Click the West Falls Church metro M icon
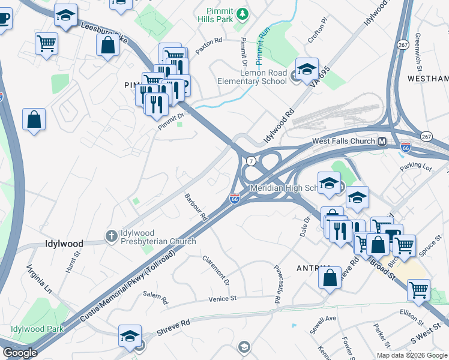click(x=381, y=142)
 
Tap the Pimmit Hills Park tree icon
click(x=242, y=13)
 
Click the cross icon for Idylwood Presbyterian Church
click(x=111, y=236)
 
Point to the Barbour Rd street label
click(x=196, y=207)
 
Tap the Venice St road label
click(x=223, y=298)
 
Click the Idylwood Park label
click(x=37, y=329)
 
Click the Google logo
click(x=20, y=353)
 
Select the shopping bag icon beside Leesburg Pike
click(x=107, y=46)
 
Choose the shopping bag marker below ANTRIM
click(x=330, y=278)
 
